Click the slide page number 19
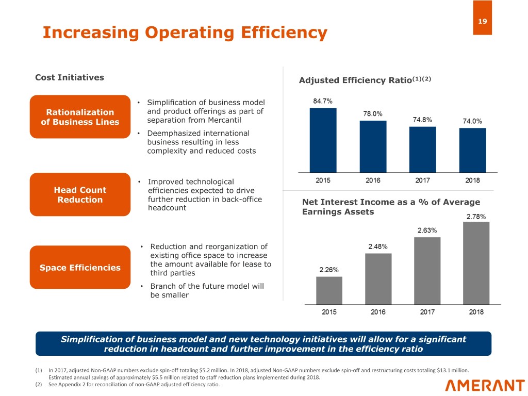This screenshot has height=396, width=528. click(x=482, y=22)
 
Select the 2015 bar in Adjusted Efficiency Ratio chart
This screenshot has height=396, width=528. click(x=323, y=139)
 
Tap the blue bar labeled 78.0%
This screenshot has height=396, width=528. click(x=373, y=146)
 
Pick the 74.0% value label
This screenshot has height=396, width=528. click(x=472, y=121)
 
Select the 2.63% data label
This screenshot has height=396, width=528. click(x=427, y=230)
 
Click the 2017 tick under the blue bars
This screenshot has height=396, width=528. click(x=422, y=180)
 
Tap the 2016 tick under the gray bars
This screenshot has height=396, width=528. click(x=378, y=311)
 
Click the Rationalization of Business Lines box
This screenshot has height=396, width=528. click(x=80, y=117)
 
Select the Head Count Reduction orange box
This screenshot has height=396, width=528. click(x=80, y=194)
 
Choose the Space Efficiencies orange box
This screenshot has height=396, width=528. click(x=80, y=267)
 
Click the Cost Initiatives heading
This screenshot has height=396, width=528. click(x=69, y=77)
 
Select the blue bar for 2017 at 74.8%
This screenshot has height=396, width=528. click(x=422, y=149)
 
